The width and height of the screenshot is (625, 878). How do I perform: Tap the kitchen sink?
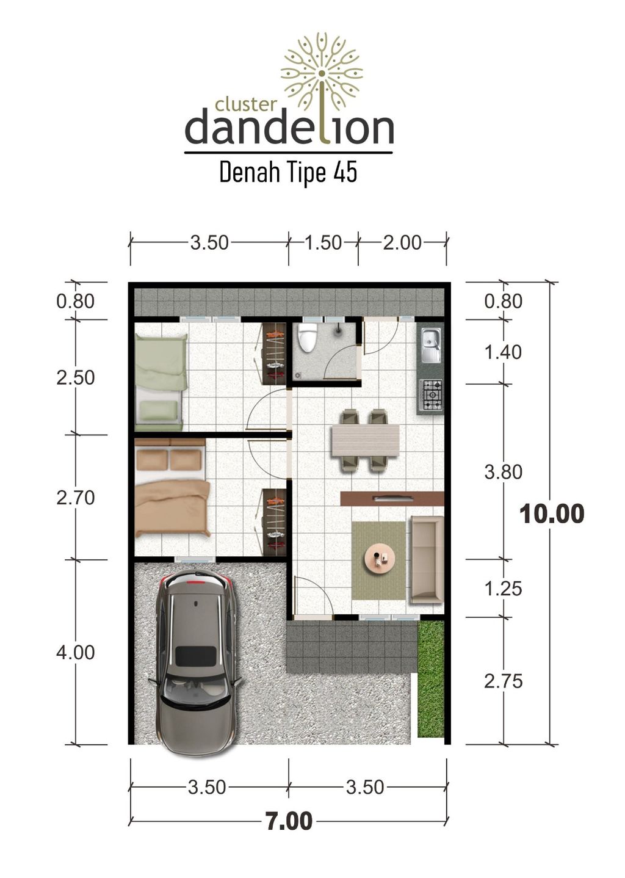[431, 346]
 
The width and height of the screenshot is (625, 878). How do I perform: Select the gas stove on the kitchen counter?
[432, 395]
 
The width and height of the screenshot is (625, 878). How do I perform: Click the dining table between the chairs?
[365, 438]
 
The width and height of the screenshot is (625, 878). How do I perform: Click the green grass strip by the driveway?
[431, 678]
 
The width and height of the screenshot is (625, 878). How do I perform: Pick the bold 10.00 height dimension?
[552, 514]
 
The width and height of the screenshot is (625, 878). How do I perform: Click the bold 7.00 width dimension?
[289, 821]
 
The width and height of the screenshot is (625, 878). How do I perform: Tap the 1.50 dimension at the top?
[323, 242]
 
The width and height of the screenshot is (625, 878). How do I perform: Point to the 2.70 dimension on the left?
[76, 498]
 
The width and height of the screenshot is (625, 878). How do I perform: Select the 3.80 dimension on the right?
[503, 472]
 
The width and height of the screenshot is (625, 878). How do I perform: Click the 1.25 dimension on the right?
[503, 589]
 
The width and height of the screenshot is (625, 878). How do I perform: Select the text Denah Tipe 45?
[288, 173]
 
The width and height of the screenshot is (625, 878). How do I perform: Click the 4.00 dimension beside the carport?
[76, 652]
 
